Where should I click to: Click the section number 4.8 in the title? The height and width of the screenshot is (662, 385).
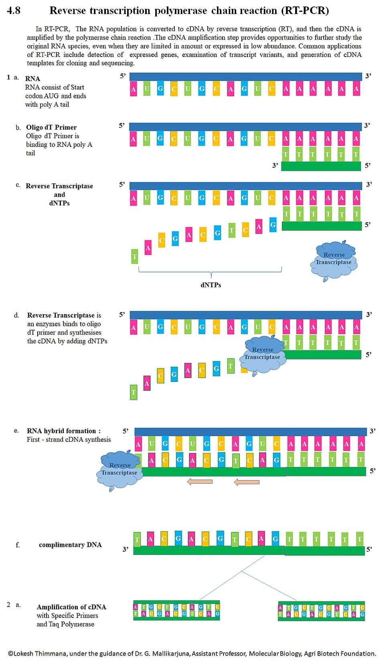[14, 10]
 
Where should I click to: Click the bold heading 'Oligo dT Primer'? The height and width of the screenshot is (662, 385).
[51, 127]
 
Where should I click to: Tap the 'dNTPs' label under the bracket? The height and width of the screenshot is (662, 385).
[211, 285]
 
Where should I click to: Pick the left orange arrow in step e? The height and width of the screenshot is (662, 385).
[200, 481]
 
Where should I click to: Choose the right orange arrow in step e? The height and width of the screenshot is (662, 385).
[247, 482]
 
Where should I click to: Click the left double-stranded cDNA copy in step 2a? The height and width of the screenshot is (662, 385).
[176, 610]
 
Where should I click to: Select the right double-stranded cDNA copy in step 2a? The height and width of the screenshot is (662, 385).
[321, 611]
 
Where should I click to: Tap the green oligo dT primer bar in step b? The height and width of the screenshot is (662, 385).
[321, 166]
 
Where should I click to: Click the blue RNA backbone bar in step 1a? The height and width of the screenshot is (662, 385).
[245, 77]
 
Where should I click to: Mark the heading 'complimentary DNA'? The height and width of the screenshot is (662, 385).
[70, 545]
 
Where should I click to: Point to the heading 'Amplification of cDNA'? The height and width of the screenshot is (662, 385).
[71, 607]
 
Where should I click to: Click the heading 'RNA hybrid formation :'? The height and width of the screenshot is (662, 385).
[64, 431]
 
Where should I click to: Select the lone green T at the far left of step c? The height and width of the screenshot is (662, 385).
[135, 256]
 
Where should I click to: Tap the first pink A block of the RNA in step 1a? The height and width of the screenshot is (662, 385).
[134, 89]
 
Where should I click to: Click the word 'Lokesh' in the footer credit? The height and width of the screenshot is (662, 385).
[24, 654]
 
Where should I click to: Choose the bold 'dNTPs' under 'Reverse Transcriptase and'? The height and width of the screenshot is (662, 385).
[59, 203]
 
